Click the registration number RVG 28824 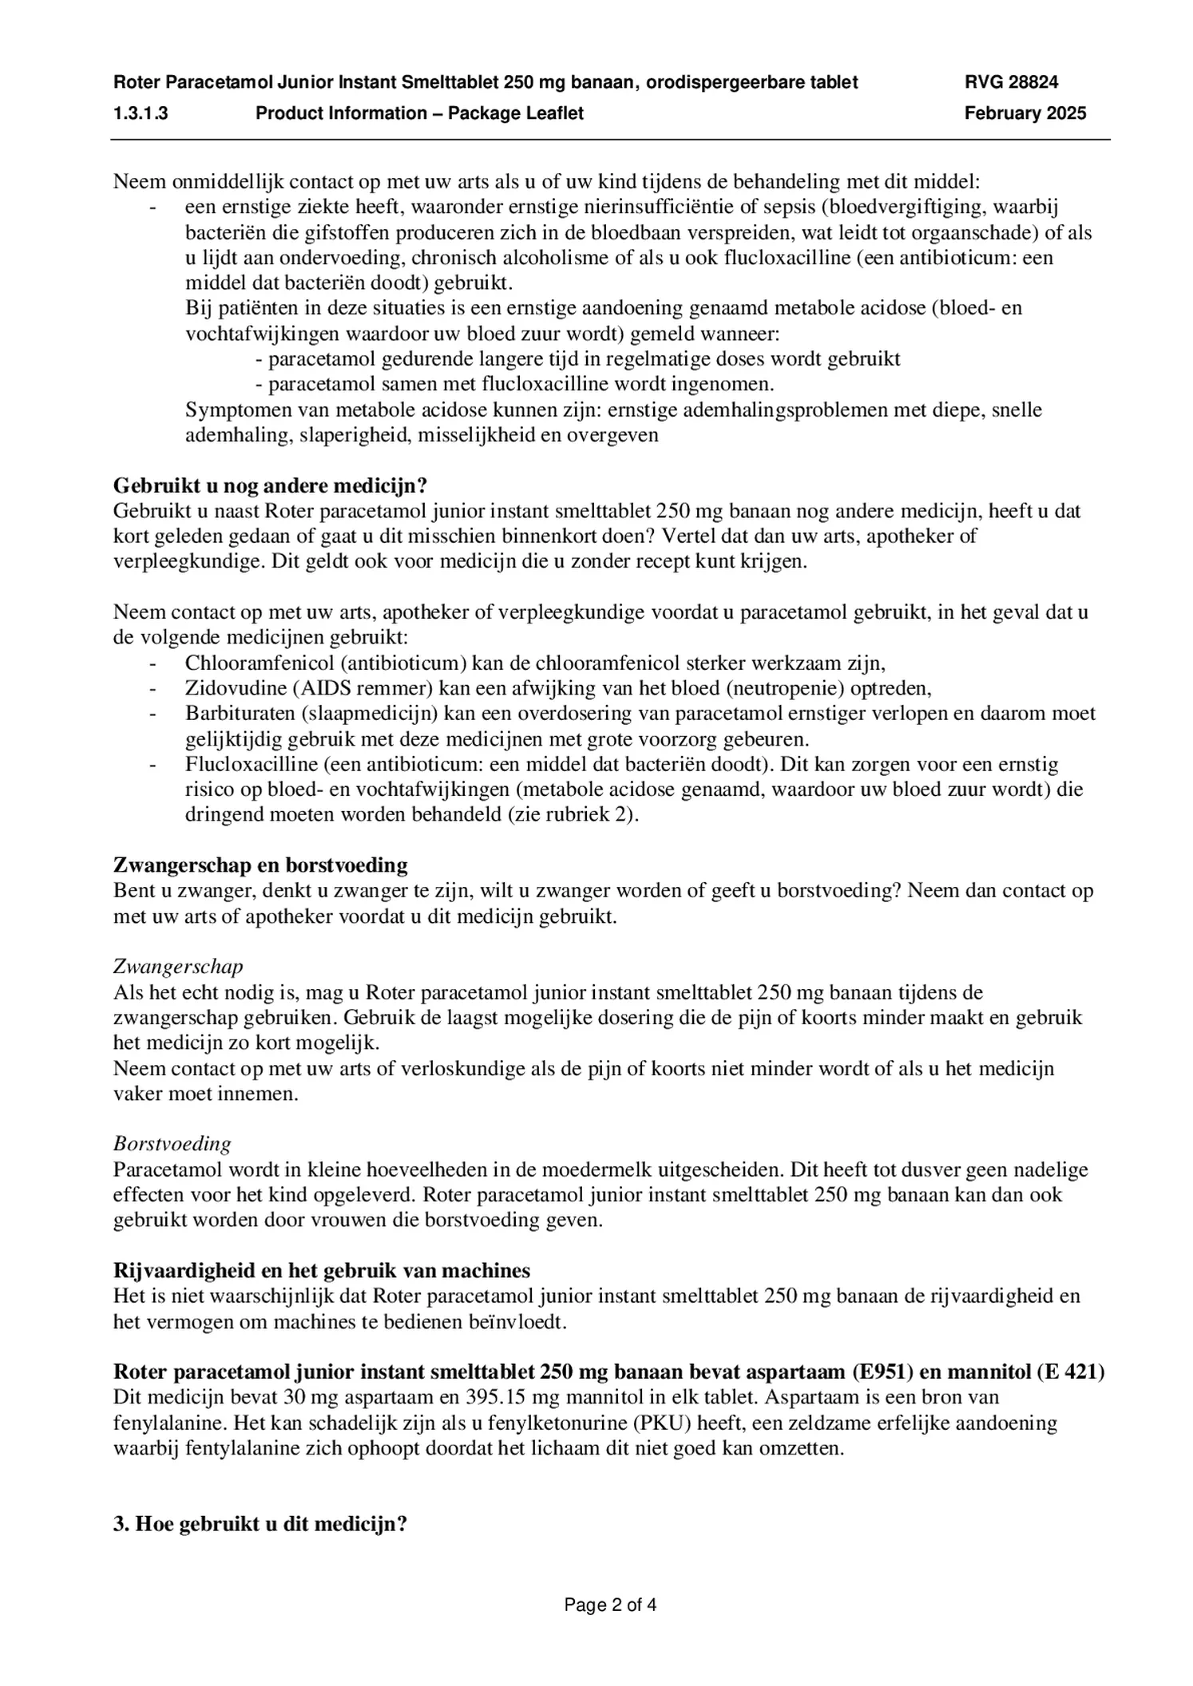pyautogui.click(x=1011, y=81)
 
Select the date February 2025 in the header pyautogui.click(x=1025, y=113)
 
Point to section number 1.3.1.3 pyautogui.click(x=141, y=113)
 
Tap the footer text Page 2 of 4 pyautogui.click(x=610, y=1605)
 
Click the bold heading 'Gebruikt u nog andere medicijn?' pyautogui.click(x=270, y=485)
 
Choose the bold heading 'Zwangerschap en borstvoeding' pyautogui.click(x=260, y=865)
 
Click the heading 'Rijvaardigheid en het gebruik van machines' pyautogui.click(x=322, y=1270)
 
